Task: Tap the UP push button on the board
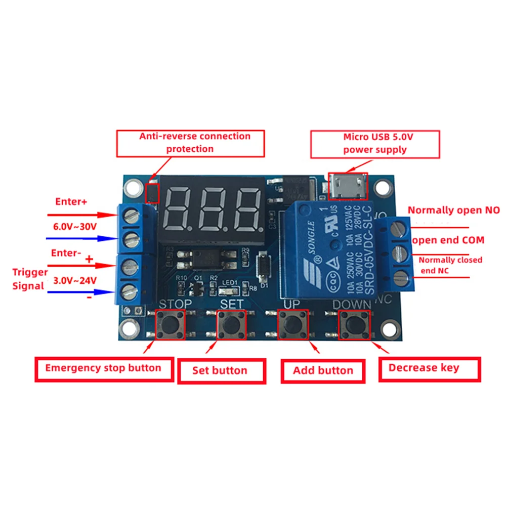[x=293, y=326]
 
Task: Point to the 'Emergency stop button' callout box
[x=103, y=368]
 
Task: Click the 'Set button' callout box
[x=221, y=370]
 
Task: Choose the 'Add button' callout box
[x=323, y=370]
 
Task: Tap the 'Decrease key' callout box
[x=429, y=368]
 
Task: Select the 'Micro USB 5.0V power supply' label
[x=375, y=143]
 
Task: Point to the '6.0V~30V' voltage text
[x=75, y=227]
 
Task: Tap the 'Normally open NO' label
[x=454, y=210]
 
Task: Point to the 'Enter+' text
[x=71, y=202]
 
